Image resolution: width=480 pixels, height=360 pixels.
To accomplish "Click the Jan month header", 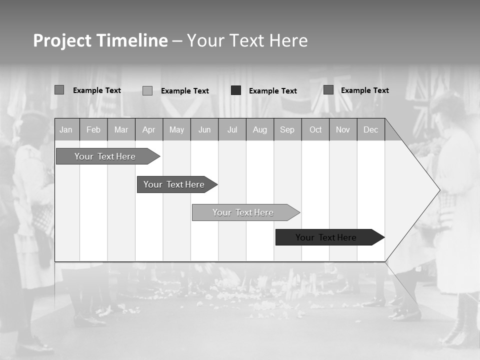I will (x=66, y=130).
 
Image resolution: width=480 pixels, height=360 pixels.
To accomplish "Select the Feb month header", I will (x=93, y=130).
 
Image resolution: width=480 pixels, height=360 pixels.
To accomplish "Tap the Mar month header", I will (x=121, y=130).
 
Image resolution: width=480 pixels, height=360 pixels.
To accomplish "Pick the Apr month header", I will (x=149, y=130).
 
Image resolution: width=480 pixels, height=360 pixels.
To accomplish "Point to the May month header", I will (x=176, y=130).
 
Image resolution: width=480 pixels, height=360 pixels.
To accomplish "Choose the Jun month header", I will (x=204, y=130).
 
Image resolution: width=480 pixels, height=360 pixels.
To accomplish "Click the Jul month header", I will (x=232, y=130).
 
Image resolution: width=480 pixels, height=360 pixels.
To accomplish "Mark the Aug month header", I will (x=260, y=130).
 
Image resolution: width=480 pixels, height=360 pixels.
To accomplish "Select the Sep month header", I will (x=287, y=130).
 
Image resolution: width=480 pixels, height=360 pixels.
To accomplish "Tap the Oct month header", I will (x=315, y=130).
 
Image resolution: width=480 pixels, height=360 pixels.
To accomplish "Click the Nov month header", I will (x=343, y=130).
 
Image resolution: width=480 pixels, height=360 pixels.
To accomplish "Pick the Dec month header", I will (x=371, y=130).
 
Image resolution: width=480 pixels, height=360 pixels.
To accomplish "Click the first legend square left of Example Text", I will (x=59, y=90).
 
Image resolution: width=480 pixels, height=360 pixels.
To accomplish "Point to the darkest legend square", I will (x=236, y=90).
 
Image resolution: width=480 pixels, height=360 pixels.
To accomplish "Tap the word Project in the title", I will (x=62, y=40).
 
